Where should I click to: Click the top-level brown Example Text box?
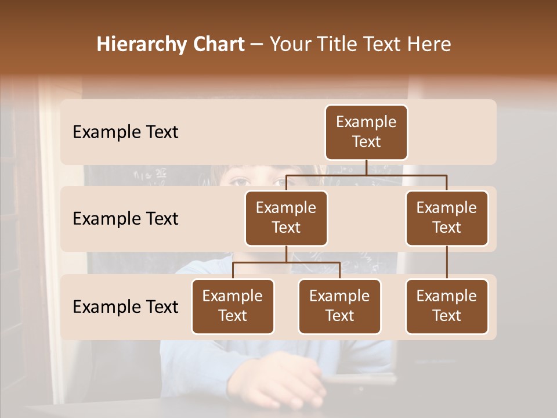pyautogui.click(x=366, y=132)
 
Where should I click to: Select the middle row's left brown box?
pyautogui.click(x=286, y=218)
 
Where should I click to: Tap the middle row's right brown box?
pyautogui.click(x=447, y=218)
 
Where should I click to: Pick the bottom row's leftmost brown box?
pyautogui.click(x=233, y=306)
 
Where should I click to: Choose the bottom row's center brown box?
pyautogui.click(x=339, y=306)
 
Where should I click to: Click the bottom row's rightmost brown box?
pyautogui.click(x=447, y=306)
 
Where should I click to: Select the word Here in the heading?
pyautogui.click(x=429, y=44)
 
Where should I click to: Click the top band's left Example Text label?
pyautogui.click(x=125, y=132)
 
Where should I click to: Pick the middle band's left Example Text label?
pyautogui.click(x=125, y=218)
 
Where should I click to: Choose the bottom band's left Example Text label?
pyautogui.click(x=125, y=307)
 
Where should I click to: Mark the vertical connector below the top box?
pyautogui.click(x=366, y=167)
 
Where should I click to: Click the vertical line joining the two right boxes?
pyautogui.click(x=447, y=262)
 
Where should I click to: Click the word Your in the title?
pyautogui.click(x=290, y=44)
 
